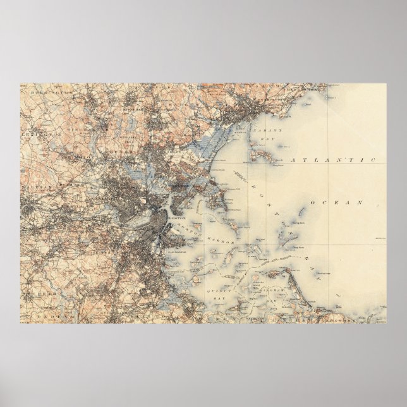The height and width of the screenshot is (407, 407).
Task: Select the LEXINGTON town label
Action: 44,135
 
